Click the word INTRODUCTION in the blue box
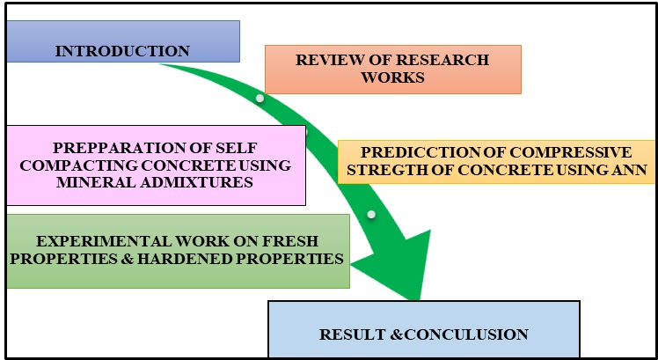coord(122,51)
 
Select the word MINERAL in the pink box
coord(91,182)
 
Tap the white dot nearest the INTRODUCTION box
coord(260,98)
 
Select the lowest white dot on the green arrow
coord(371,215)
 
